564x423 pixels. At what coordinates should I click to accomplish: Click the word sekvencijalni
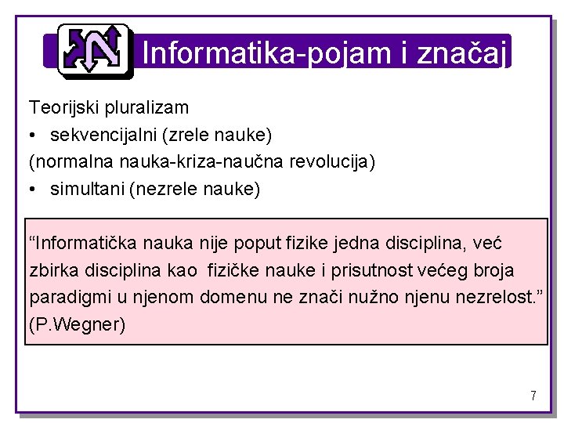[103, 135]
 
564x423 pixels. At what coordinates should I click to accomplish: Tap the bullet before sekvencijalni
[33, 136]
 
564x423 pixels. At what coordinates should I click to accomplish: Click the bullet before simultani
[33, 190]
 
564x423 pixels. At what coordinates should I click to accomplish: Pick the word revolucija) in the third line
[333, 162]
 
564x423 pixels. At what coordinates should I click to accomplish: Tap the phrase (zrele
[183, 135]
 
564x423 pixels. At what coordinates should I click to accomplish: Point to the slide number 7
[533, 396]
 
